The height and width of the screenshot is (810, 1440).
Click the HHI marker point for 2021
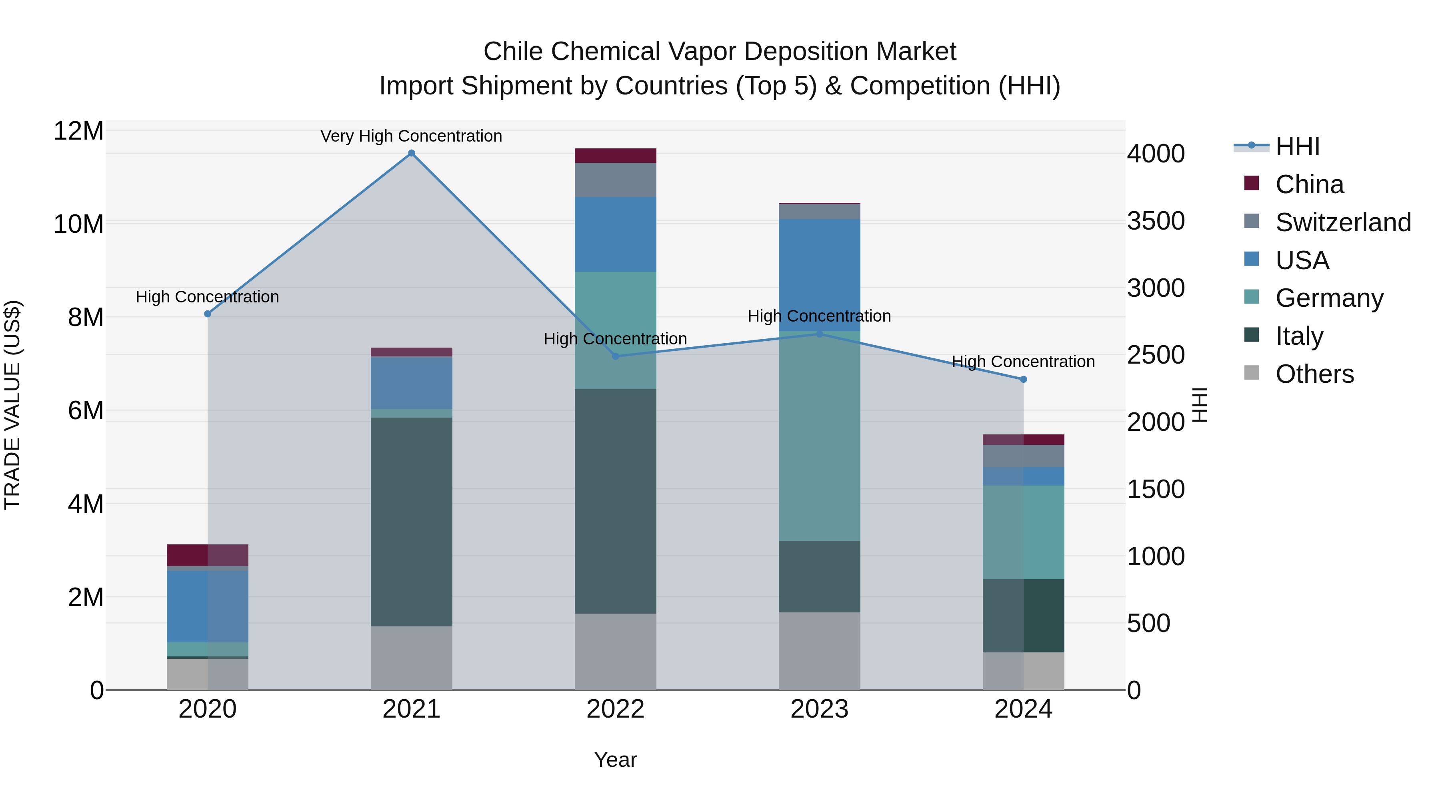point(412,153)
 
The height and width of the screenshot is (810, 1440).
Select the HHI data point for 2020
point(207,314)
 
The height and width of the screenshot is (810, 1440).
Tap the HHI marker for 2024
point(1024,380)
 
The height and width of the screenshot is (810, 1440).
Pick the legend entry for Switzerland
point(1343,222)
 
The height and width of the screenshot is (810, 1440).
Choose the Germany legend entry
point(1329,298)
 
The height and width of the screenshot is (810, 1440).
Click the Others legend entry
point(1314,374)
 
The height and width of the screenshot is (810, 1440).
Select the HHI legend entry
point(1297,146)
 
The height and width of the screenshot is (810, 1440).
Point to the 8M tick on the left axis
point(86,318)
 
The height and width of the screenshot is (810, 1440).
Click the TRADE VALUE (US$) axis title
point(12,405)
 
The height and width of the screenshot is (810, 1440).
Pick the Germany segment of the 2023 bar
point(820,436)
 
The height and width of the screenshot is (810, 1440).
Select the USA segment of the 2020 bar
point(207,606)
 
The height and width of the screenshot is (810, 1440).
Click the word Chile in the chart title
point(513,52)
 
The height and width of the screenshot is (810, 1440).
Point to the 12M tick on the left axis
point(78,131)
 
